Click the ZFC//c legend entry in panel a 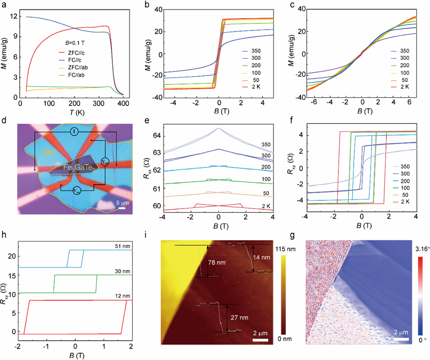77,52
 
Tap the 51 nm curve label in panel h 123,246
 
